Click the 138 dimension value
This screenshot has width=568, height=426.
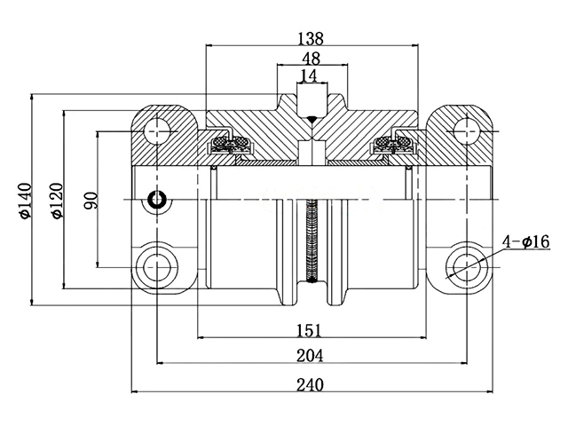(311, 38)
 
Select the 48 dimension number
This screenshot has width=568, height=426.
(311, 58)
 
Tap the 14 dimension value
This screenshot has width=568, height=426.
(310, 75)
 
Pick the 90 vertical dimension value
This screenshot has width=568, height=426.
(90, 200)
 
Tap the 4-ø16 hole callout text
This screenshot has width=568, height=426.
(526, 241)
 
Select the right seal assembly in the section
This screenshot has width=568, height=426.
(391, 145)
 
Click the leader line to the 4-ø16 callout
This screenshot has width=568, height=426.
(493, 252)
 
